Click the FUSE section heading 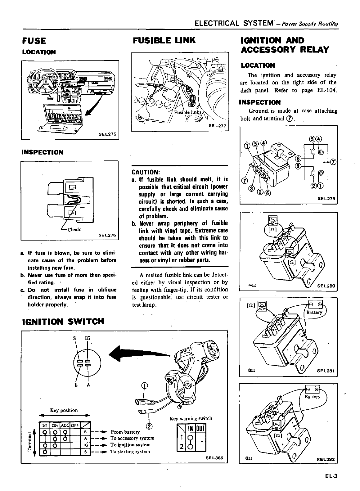pos(34,41)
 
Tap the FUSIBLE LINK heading pos(164,40)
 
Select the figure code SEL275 pos(107,134)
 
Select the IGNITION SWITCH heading pos(63,321)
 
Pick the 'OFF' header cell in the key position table pos(75,425)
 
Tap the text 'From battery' pos(125,432)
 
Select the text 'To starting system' pos(130,451)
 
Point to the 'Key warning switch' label pos(191,418)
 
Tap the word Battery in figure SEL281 pos(314,312)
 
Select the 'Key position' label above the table pos(64,410)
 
